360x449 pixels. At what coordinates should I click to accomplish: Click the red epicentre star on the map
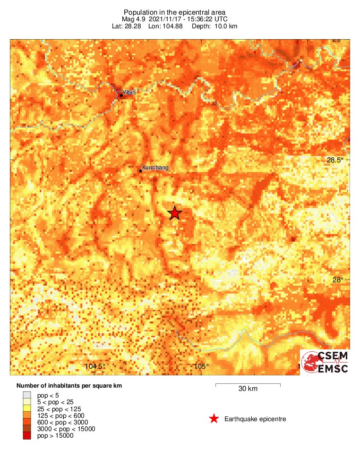tap(175, 213)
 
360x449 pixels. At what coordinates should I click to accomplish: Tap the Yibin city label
tap(129, 93)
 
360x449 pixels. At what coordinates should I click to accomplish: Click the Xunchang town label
tap(155, 168)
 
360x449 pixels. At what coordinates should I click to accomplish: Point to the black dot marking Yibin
tap(121, 95)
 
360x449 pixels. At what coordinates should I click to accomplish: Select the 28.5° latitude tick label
tap(336, 160)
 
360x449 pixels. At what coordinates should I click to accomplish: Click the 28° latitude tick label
tap(337, 280)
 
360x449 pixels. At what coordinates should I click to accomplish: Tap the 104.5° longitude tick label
tap(95, 366)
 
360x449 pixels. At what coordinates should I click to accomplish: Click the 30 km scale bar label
tap(248, 389)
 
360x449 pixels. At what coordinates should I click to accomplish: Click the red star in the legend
tap(214, 419)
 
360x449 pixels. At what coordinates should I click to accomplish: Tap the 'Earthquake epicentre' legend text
tap(255, 419)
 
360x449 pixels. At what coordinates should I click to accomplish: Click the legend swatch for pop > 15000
tap(27, 436)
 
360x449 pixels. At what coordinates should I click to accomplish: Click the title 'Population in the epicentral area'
tap(175, 12)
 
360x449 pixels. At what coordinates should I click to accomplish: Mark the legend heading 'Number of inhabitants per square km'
tap(69, 386)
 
